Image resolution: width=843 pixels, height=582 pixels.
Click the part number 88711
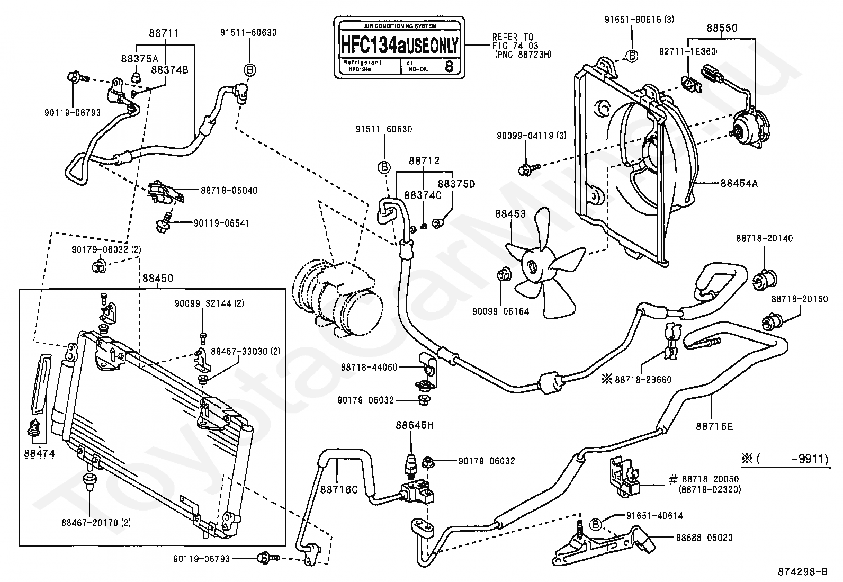point(164,33)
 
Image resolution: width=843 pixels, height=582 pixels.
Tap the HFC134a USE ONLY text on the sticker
point(399,44)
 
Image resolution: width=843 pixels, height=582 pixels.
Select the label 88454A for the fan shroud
point(739,183)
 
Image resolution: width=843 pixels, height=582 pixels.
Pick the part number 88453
point(510,214)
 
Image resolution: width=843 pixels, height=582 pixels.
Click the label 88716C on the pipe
point(339,489)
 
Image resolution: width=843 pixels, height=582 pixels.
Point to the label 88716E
point(714,426)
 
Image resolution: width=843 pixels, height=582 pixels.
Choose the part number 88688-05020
point(704,538)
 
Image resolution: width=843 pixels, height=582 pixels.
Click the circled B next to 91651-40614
point(596,524)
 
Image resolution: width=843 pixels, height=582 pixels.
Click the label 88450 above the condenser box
point(157,279)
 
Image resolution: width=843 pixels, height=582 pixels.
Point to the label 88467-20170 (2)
point(96,523)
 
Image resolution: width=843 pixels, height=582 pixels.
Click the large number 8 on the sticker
point(449,66)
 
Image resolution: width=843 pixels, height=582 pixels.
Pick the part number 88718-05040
point(229,190)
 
